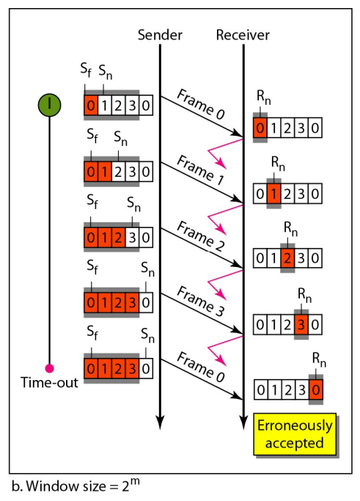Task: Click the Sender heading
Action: [160, 34]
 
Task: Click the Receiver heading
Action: [243, 34]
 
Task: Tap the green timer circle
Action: [50, 105]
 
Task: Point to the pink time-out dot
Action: [49, 368]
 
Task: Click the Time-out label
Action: [49, 382]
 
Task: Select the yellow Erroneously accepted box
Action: [295, 434]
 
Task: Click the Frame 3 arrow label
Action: [201, 301]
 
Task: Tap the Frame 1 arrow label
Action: [201, 170]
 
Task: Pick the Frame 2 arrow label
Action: [201, 236]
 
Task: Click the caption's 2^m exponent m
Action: [134, 481]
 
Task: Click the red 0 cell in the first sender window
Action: [91, 105]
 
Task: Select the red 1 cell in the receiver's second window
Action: [274, 194]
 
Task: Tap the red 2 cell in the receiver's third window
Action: [287, 258]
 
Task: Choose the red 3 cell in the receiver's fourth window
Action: [301, 325]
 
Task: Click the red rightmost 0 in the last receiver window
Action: [315, 390]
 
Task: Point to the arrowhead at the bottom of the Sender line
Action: [160, 423]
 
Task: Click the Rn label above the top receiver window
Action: [264, 97]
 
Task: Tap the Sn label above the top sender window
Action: [106, 72]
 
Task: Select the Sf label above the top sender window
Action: [86, 70]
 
